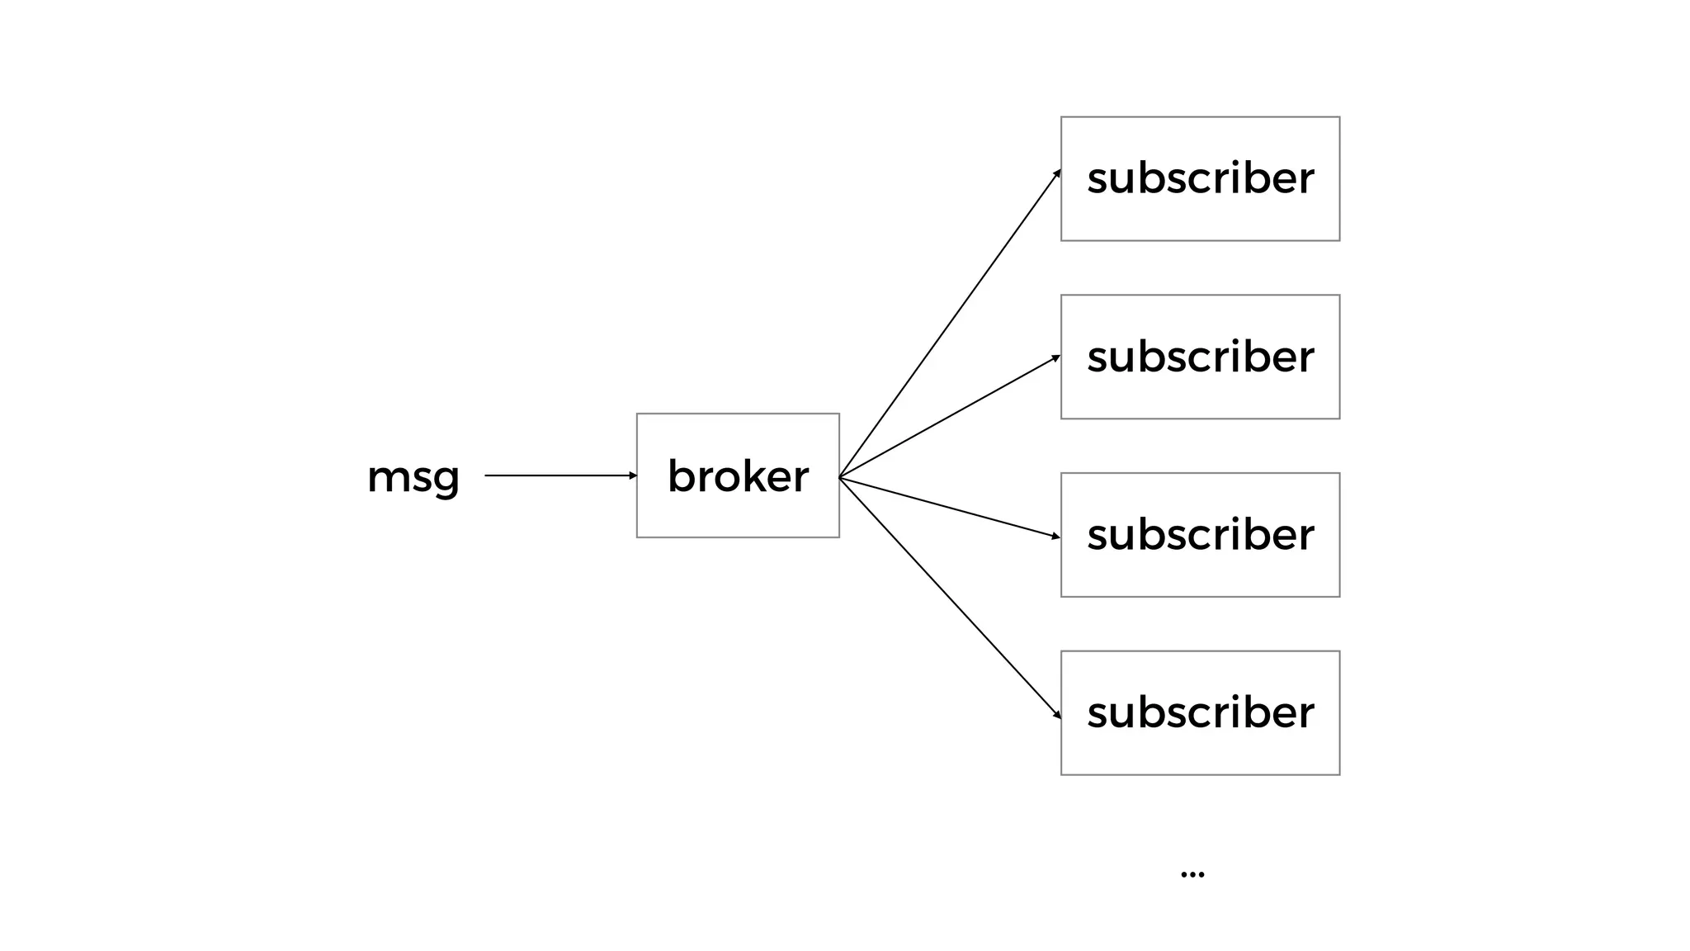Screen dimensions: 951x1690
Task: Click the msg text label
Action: coord(413,477)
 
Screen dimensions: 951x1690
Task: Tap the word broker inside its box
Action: coord(738,476)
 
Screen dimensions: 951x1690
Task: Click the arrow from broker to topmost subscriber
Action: coord(949,324)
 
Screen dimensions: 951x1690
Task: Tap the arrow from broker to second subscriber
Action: coord(949,417)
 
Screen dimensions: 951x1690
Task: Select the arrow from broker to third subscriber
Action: coord(949,507)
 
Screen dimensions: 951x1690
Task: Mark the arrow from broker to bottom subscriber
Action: coord(949,596)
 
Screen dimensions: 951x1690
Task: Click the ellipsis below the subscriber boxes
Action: coord(1192,873)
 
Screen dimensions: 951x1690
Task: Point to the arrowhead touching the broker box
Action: coord(633,475)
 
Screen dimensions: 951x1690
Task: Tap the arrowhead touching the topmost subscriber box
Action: coord(1057,173)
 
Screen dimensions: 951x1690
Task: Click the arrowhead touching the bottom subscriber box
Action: coord(1057,715)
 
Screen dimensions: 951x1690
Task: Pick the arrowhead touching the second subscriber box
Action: coord(1056,357)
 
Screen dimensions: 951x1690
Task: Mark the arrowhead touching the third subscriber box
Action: coord(1056,537)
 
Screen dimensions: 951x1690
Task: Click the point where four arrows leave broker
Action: coord(840,477)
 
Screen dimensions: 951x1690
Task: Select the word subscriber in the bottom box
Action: coord(1200,713)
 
